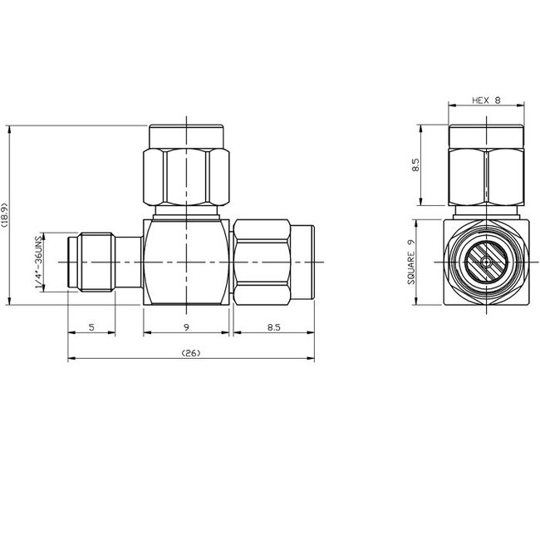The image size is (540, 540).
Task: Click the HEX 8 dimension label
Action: coord(486,100)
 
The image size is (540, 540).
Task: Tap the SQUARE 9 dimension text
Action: coord(410,263)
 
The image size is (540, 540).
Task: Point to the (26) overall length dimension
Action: coord(190,353)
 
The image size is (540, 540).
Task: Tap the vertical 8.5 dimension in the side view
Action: coord(418,165)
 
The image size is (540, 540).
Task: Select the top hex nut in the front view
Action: coord(186,175)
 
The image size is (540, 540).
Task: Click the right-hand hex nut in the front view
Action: coord(261,263)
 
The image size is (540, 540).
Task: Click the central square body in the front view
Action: coord(186,263)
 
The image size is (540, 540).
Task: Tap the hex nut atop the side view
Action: coord(486,175)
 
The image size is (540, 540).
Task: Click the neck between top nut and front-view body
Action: coord(186,212)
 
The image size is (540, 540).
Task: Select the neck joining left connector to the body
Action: coord(129,263)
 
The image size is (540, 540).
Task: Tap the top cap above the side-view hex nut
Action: coord(486,135)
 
